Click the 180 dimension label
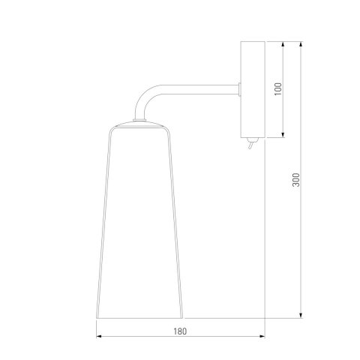180,331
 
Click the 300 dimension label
296,179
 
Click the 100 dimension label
277,88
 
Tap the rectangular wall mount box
253,89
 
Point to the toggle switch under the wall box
251,143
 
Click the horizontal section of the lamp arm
199,89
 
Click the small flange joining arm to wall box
239,89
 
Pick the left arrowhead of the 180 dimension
99,337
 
